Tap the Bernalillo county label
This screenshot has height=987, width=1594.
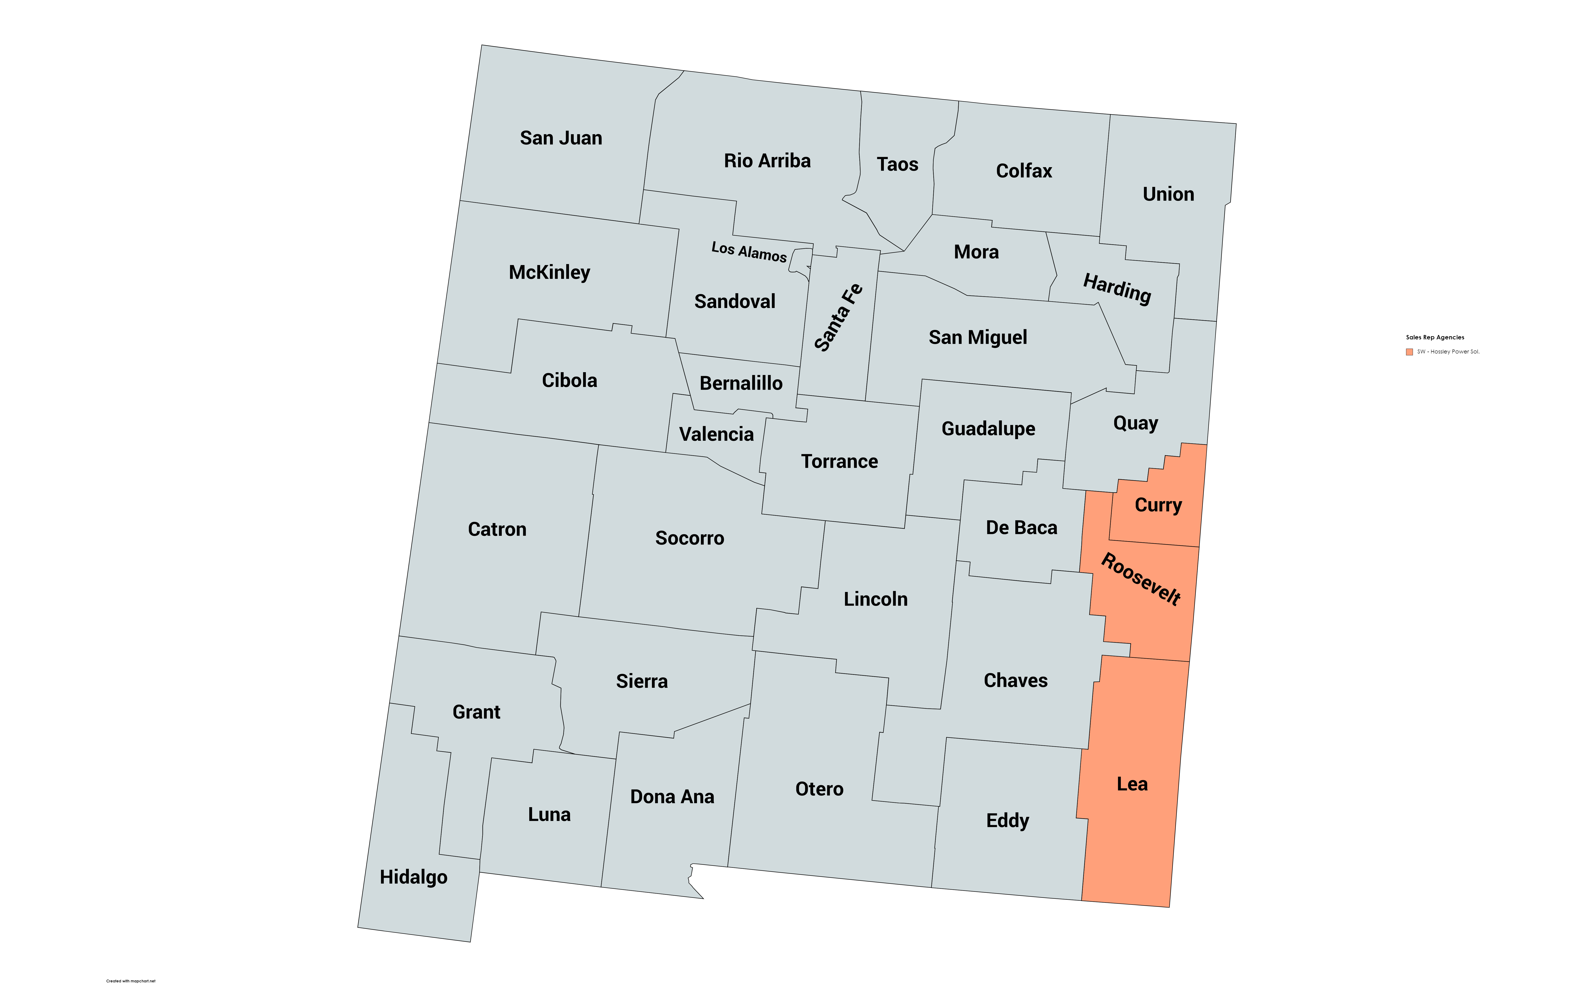point(740,383)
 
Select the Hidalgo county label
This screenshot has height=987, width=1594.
point(413,877)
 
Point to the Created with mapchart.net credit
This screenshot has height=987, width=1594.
point(131,981)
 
